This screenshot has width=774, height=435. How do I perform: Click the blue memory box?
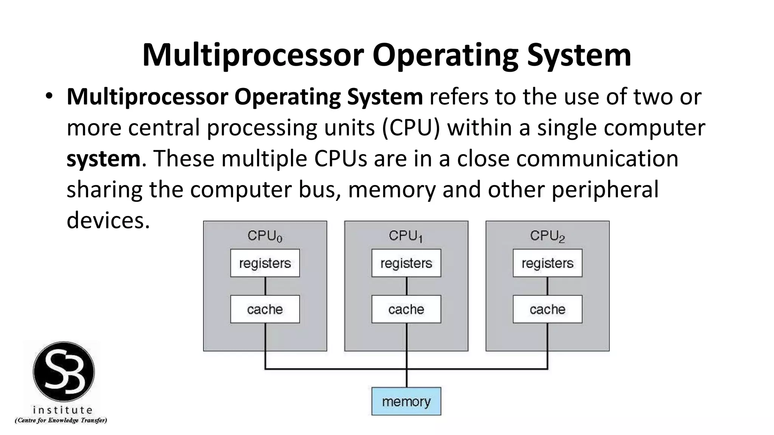pos(406,401)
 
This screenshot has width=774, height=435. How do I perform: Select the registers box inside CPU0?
pos(265,263)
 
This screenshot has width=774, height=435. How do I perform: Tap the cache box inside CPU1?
pos(406,309)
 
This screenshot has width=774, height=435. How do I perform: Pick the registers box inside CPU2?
pos(547,263)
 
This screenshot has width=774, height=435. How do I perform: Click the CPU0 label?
pos(265,236)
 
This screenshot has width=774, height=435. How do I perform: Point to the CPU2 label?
pos(547,236)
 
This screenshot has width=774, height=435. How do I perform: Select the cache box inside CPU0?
pos(265,309)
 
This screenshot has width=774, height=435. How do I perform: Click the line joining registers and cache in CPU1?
pos(406,286)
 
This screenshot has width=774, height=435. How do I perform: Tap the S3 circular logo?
pos(63,372)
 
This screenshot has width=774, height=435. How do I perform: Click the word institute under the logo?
pos(63,410)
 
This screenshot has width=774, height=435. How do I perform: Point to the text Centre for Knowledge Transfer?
pos(61,420)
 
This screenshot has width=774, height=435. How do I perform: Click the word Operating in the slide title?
pos(445,55)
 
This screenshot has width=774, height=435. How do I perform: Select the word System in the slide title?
pos(579,55)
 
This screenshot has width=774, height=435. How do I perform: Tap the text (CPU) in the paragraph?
pos(411,128)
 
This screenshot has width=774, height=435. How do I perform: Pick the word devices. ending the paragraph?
pos(108,220)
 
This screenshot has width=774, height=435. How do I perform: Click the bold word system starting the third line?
pos(103,159)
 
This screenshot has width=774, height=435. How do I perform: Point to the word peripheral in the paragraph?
pos(605,190)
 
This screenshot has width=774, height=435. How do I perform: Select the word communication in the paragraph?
pos(597,159)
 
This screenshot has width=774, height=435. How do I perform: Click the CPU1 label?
pos(406,236)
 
